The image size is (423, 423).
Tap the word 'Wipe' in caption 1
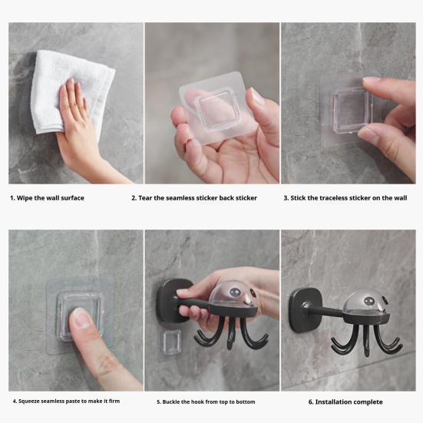pos(25,198)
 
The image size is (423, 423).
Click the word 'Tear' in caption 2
pos(145,198)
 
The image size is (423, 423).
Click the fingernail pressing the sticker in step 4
pos(81,318)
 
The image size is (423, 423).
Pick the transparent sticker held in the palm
pos(218,107)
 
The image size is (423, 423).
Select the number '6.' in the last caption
pos(311,402)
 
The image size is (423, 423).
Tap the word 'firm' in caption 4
pos(114,402)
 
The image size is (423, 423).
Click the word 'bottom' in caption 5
pos(246,402)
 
